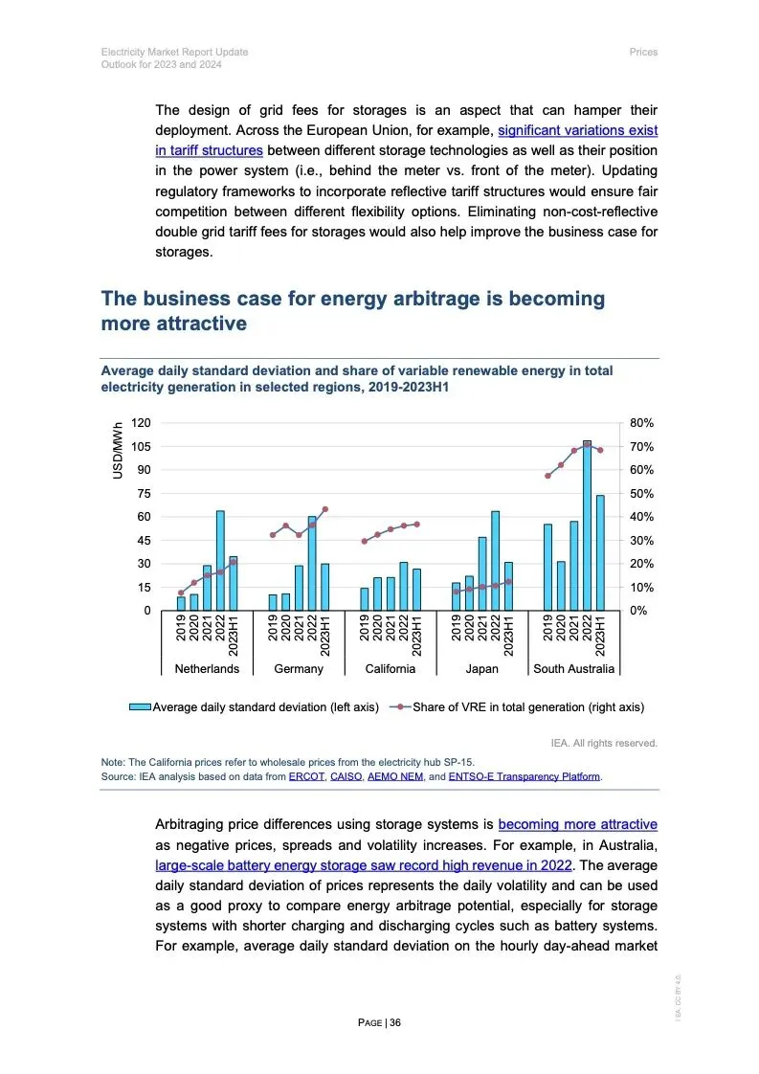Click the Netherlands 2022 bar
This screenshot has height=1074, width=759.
tap(220, 560)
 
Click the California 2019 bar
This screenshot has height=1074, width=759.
tap(365, 598)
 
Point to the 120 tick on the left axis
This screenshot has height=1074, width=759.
tap(141, 423)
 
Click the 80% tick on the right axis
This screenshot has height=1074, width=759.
tap(640, 423)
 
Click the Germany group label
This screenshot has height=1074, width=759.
tap(299, 668)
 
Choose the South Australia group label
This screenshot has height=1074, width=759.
tap(574, 668)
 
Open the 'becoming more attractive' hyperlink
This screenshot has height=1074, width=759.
tap(577, 824)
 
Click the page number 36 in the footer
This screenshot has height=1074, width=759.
tap(395, 1022)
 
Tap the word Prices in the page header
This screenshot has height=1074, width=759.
tap(643, 52)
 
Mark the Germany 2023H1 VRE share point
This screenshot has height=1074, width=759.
tap(324, 509)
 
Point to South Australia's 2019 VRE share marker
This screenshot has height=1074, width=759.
tap(547, 476)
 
